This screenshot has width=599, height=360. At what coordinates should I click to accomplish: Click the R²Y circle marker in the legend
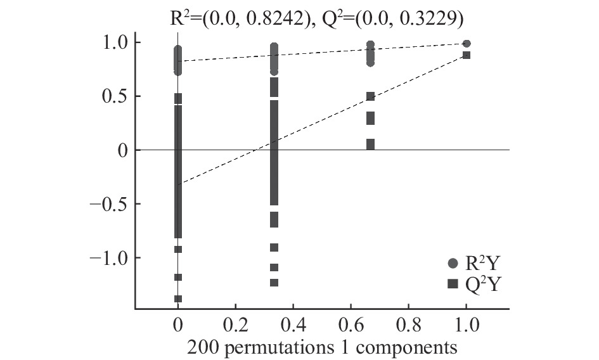(453, 262)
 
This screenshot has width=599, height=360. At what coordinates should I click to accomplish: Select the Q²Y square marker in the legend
(453, 285)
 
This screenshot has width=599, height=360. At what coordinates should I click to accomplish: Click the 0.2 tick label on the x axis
(235, 325)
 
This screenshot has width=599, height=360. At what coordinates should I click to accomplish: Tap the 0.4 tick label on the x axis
(293, 325)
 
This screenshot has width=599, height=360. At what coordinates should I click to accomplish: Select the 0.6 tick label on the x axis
(351, 325)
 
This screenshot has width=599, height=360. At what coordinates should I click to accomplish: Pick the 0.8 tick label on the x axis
(408, 325)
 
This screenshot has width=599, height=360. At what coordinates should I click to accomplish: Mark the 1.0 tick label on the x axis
(466, 325)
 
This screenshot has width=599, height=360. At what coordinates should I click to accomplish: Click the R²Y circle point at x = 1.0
(467, 44)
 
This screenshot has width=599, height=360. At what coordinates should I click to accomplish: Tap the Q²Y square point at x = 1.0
(467, 56)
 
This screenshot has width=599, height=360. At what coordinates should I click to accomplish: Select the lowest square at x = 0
(178, 299)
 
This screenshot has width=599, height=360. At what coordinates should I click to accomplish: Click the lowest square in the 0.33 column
(274, 283)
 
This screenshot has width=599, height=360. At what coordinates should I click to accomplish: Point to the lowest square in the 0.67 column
(371, 145)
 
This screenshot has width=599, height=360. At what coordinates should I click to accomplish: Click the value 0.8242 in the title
(268, 18)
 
